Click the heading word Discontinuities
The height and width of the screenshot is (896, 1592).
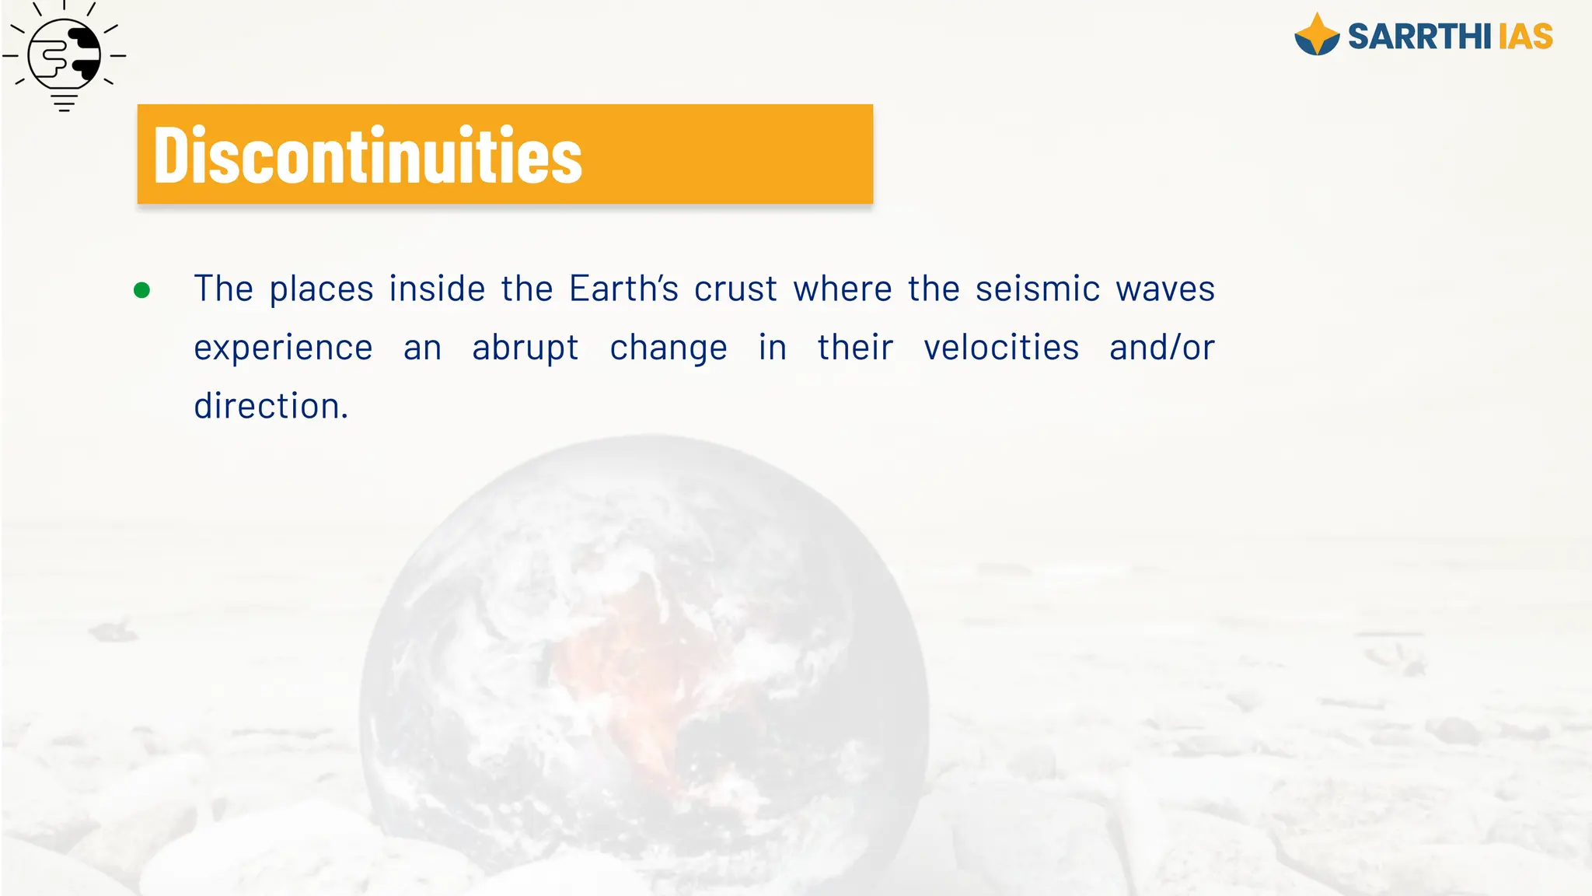click(x=368, y=156)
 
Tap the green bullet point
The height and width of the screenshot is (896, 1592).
click(x=141, y=290)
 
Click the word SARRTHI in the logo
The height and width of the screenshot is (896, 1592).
click(x=1419, y=37)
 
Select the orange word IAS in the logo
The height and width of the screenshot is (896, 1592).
click(x=1525, y=37)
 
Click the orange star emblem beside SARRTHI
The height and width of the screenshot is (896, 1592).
click(x=1317, y=35)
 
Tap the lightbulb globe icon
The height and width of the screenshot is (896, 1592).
click(x=65, y=56)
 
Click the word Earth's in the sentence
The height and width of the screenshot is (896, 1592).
click(x=623, y=289)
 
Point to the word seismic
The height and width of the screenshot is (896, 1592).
click(x=1038, y=289)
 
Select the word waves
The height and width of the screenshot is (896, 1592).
click(x=1165, y=289)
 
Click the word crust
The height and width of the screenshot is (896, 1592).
click(x=735, y=289)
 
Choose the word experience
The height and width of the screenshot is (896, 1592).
click(x=283, y=348)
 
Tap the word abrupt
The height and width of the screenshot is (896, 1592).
click(x=525, y=348)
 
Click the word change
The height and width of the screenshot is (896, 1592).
click(x=669, y=348)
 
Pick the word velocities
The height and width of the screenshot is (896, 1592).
click(x=1001, y=347)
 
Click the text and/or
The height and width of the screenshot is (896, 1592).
click(x=1162, y=347)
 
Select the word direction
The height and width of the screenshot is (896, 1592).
click(x=271, y=405)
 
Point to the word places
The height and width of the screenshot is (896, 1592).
click(x=322, y=289)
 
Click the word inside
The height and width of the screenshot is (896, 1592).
click(x=438, y=289)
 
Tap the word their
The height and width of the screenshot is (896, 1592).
click(x=855, y=347)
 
